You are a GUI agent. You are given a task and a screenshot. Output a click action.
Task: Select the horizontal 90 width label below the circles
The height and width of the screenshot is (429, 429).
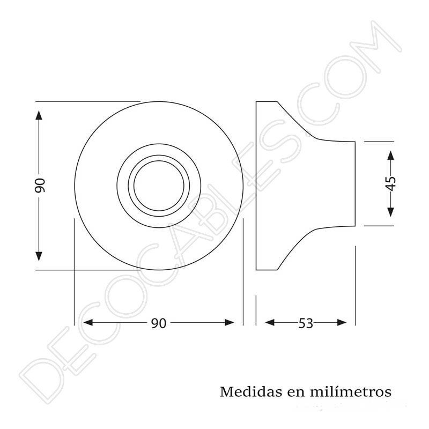click(158, 323)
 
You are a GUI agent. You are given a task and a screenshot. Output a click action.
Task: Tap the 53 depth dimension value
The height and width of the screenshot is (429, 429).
click(306, 323)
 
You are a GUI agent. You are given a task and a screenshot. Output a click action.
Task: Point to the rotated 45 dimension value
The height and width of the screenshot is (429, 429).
click(390, 183)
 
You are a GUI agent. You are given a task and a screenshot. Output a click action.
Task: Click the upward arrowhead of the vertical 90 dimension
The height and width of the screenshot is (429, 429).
click(39, 116)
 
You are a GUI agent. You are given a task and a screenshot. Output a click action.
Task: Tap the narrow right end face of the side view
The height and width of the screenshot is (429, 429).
click(354, 183)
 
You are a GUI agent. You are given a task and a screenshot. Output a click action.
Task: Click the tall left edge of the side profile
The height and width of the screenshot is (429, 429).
click(256, 185)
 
